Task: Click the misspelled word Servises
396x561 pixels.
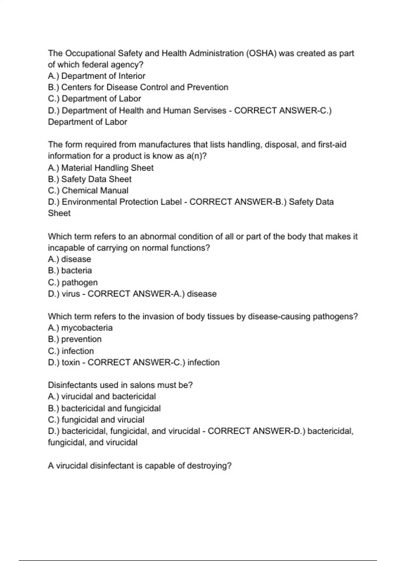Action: (x=210, y=111)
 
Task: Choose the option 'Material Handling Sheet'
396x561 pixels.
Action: (x=101, y=168)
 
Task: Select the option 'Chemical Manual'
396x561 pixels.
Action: (x=88, y=191)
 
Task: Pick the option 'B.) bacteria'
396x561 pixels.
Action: (x=70, y=271)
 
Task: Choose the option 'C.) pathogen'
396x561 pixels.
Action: (x=73, y=282)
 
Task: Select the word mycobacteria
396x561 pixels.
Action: (x=87, y=328)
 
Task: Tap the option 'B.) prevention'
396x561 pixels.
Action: (x=75, y=339)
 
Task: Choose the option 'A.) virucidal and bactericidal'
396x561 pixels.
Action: (x=102, y=396)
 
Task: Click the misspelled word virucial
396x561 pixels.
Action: (x=131, y=420)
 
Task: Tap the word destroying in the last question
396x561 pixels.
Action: (x=209, y=466)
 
